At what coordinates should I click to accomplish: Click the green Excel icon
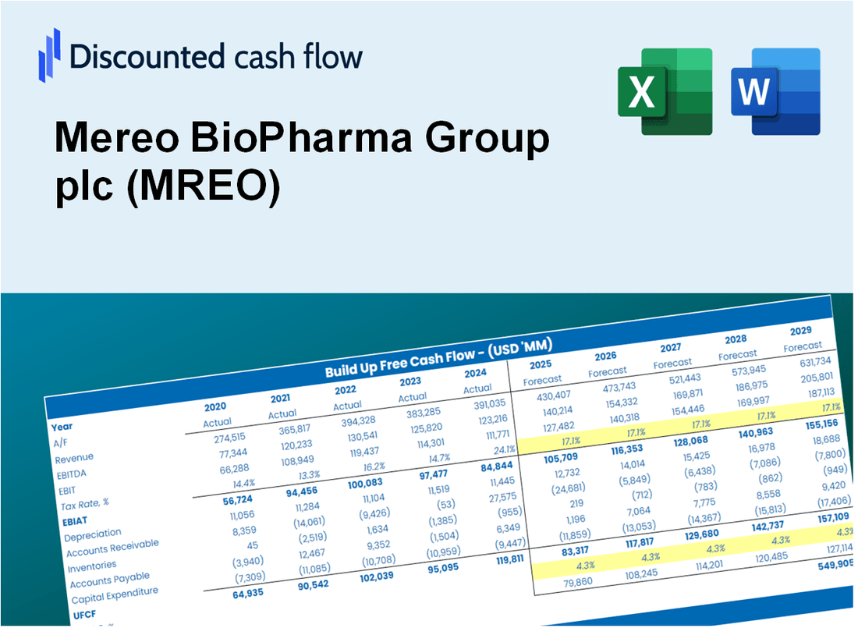pyautogui.click(x=665, y=90)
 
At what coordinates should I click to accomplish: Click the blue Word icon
pyautogui.click(x=775, y=90)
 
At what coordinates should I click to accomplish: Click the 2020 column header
pyautogui.click(x=215, y=407)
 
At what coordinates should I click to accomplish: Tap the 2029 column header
pyautogui.click(x=800, y=330)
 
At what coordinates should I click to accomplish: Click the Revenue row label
pyautogui.click(x=74, y=458)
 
